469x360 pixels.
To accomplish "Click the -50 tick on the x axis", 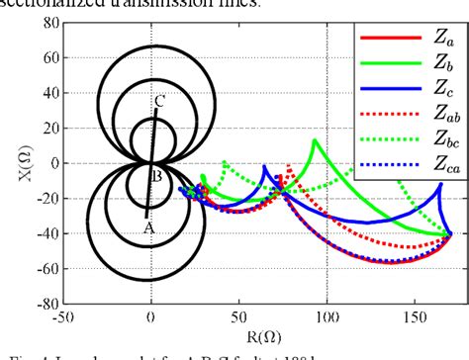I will (x=64, y=319).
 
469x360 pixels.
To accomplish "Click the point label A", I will (x=149, y=226).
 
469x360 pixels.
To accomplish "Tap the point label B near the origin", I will (x=158, y=177).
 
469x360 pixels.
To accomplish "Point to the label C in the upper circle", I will (x=160, y=100).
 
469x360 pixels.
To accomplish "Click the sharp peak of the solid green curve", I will (x=315, y=139).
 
